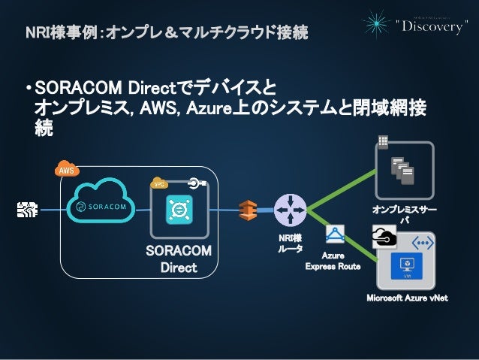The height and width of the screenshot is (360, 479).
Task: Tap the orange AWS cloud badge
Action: point(66,171)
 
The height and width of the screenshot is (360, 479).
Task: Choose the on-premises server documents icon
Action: point(403,172)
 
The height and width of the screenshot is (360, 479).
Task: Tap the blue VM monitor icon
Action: point(408,266)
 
